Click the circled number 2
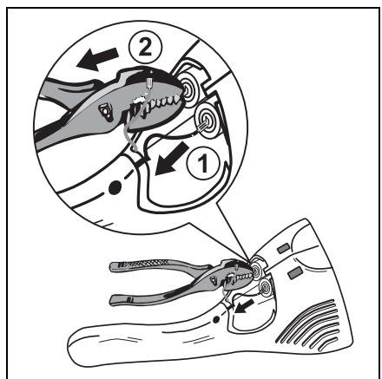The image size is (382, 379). (145, 48)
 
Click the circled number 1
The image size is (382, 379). (203, 162)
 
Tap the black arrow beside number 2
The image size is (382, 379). (97, 59)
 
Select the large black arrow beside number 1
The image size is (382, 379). (172, 159)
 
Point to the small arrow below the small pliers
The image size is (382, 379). (244, 307)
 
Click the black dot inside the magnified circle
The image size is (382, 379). (115, 187)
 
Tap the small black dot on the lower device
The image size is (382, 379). (215, 319)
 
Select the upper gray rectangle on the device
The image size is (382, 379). (283, 248)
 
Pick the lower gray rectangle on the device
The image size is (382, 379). (295, 272)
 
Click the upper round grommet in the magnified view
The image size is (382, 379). (188, 90)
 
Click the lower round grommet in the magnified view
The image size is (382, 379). (207, 120)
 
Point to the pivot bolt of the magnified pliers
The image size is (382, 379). (106, 112)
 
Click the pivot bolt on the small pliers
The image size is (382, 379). (214, 280)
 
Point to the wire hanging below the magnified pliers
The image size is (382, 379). (132, 136)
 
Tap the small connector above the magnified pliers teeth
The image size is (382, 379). (150, 82)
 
